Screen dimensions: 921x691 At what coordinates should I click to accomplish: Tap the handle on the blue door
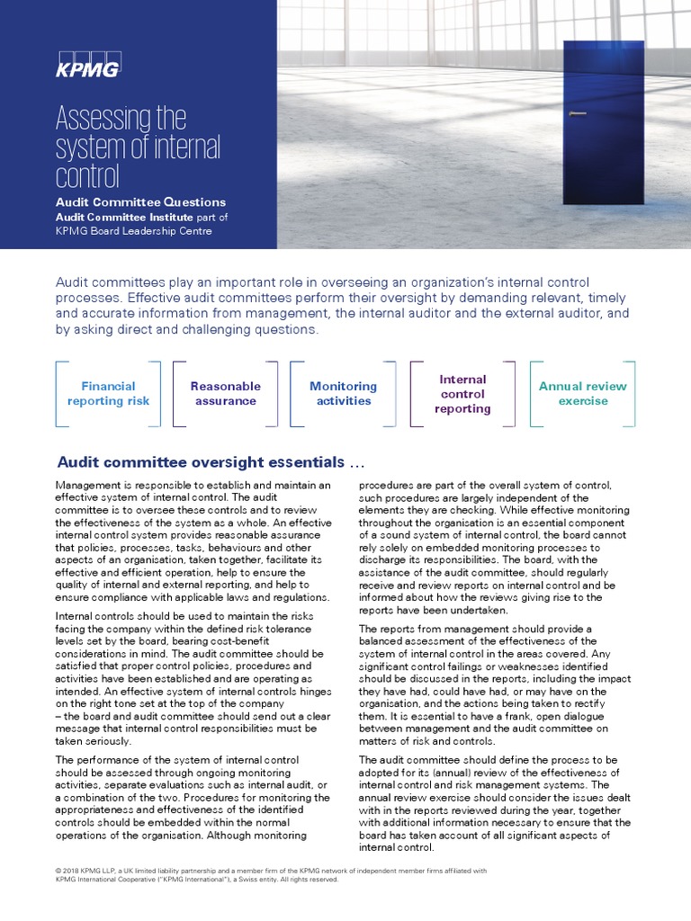click(576, 114)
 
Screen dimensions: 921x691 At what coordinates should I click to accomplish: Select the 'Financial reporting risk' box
click(108, 393)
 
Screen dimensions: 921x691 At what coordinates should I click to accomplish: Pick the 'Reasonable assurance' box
click(225, 393)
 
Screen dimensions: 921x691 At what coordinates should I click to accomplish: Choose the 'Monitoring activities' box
click(343, 393)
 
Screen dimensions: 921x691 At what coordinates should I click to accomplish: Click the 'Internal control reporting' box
click(462, 394)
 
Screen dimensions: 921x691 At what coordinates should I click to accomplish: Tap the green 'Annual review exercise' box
click(582, 393)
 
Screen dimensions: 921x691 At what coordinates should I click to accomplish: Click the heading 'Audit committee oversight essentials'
click(210, 462)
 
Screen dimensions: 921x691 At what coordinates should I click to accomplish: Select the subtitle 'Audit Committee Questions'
click(140, 202)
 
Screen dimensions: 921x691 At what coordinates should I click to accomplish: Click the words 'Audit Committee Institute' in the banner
click(123, 217)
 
